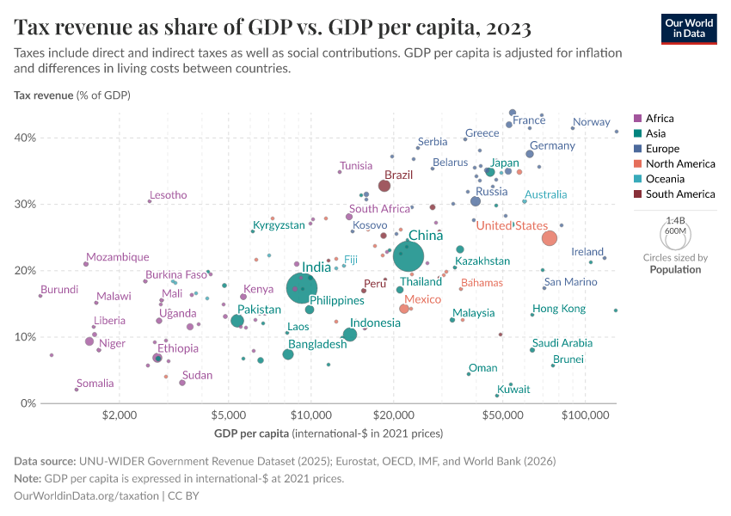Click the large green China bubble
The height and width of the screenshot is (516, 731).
click(x=408, y=255)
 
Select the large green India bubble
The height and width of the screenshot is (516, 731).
click(x=301, y=288)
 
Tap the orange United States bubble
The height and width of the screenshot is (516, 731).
click(x=550, y=238)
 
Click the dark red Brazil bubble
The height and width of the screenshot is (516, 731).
click(x=384, y=186)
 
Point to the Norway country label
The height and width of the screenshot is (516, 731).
click(x=591, y=122)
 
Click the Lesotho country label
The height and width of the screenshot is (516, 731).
click(x=168, y=195)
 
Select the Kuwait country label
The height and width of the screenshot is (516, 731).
click(x=513, y=390)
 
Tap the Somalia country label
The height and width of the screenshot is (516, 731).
click(x=95, y=384)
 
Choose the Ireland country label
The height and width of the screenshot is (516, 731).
click(x=588, y=252)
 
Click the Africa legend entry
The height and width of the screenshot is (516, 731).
click(x=659, y=119)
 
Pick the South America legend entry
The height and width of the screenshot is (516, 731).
click(x=679, y=194)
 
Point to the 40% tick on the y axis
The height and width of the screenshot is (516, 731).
click(x=25, y=138)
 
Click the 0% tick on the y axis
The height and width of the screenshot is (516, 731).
click(x=28, y=403)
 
